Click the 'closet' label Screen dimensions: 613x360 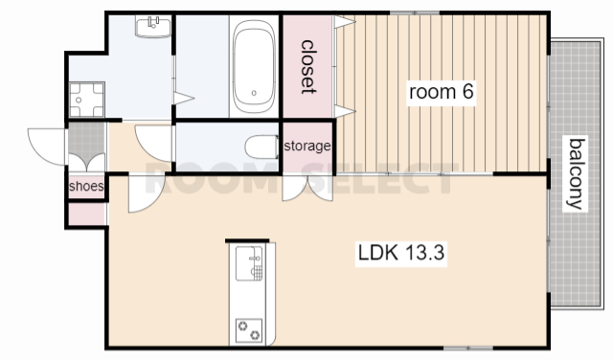click(x=307, y=67)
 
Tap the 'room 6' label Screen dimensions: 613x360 click(x=441, y=92)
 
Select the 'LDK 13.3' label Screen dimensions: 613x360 click(x=401, y=252)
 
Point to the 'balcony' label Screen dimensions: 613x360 click(x=576, y=174)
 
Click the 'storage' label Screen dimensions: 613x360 click(x=307, y=146)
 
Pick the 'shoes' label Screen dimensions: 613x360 click(x=86, y=186)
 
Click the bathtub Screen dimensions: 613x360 click(x=254, y=66)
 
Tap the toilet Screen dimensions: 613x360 click(x=261, y=146)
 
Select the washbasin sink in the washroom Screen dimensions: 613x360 click(x=153, y=26)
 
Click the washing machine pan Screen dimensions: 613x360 click(x=87, y=100)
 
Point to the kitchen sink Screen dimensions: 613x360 click(x=249, y=263)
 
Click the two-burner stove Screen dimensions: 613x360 click(x=249, y=330)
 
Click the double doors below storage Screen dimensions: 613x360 click(x=307, y=189)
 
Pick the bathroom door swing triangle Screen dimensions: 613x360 click(x=184, y=98)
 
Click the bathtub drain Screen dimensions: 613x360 click(x=254, y=93)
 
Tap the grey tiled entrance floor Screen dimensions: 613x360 click(x=86, y=141)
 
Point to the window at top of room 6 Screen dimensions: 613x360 click(x=415, y=12)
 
